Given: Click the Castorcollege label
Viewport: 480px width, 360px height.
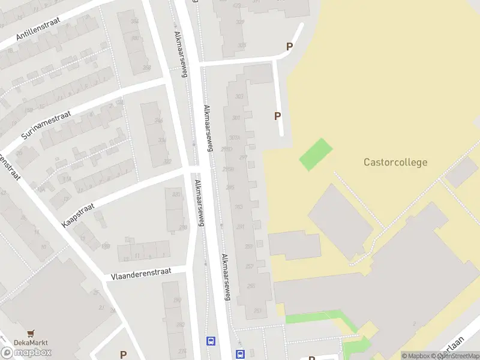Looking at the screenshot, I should (395, 162).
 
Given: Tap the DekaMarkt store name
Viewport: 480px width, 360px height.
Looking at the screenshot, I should (31, 343).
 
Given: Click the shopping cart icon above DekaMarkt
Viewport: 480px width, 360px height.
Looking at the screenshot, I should (31, 333).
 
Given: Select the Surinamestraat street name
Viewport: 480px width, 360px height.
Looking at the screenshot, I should (46, 125).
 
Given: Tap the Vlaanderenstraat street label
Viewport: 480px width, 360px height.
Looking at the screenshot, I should (141, 274).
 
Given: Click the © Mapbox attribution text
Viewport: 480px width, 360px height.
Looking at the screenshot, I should (416, 356).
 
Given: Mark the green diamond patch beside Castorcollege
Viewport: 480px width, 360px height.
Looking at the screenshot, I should (316, 154).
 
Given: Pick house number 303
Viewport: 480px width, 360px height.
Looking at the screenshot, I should (240, 96).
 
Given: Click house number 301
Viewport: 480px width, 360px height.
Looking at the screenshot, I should (236, 118).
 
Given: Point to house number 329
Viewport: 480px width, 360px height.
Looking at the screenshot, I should (241, 22).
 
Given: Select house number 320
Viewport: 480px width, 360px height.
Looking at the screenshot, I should (176, 194).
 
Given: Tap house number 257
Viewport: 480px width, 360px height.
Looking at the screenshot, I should (250, 266).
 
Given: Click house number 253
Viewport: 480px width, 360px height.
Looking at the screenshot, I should (257, 310).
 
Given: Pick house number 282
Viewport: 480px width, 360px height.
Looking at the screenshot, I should (180, 325).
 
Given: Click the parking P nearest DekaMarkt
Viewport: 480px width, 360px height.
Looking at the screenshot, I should (123, 355).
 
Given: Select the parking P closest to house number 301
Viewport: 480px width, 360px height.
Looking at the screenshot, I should (277, 116).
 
